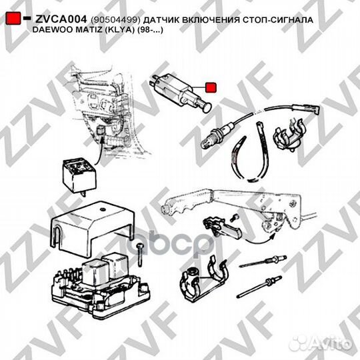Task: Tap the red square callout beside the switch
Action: click(211, 87)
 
